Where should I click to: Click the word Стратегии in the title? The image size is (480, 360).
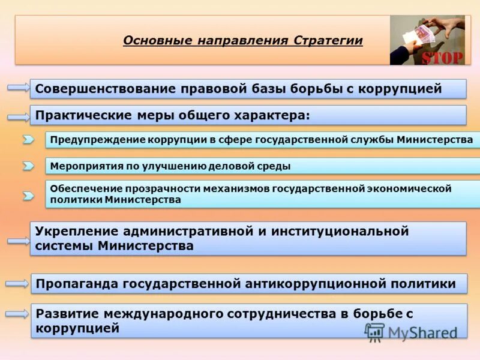coord(328,41)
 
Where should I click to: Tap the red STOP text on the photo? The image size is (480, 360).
coord(443,57)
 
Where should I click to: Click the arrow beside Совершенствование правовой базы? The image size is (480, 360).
coord(19,88)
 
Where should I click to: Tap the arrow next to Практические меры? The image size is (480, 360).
coord(19,115)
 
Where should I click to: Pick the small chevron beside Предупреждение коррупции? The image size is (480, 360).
coord(28,140)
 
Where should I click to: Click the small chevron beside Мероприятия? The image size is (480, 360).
coord(28,166)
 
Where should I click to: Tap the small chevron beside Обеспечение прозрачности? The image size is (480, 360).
coord(28,195)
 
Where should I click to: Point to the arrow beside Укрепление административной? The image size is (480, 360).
coord(19,241)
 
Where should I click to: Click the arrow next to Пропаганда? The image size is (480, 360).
coord(19,283)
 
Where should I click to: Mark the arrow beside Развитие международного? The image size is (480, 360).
coord(19,313)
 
